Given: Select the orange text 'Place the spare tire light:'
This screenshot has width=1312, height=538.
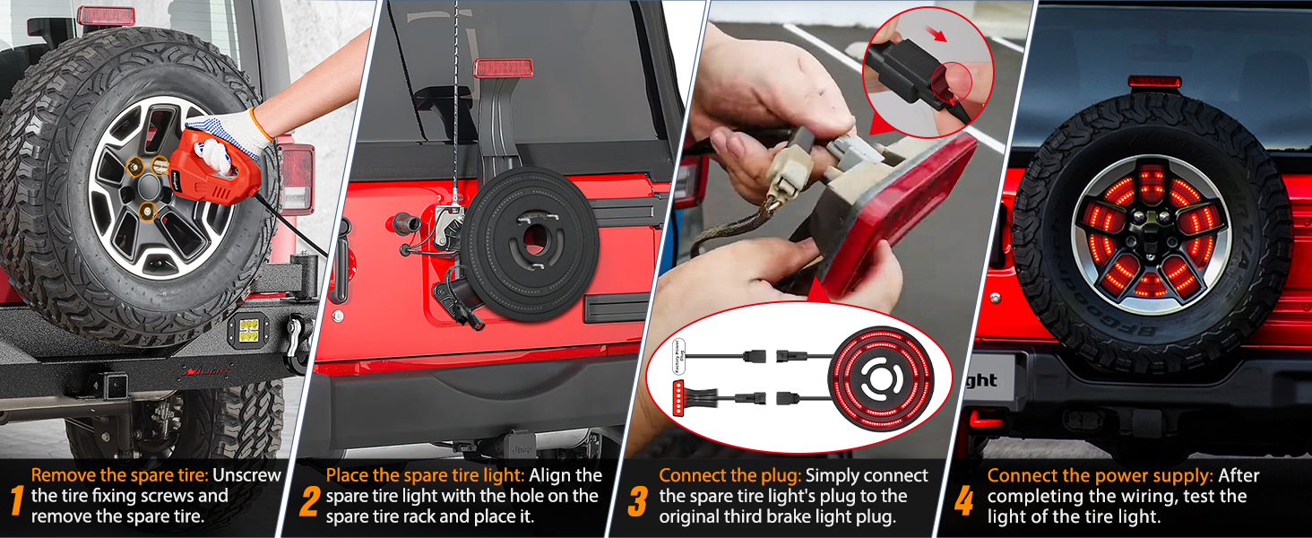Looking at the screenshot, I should (427, 475).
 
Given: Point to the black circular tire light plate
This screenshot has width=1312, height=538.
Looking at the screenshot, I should (529, 240).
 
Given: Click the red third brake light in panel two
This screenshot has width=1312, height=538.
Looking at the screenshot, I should (504, 68).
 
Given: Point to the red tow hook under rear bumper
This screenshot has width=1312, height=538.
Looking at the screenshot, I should (987, 419).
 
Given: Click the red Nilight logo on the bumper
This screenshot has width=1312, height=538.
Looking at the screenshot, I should (205, 371).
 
